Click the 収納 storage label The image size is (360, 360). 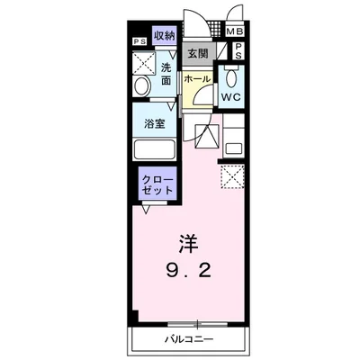(x=163, y=35)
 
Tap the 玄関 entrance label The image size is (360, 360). (x=197, y=53)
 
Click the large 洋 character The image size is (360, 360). (x=186, y=244)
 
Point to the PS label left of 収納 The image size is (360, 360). (x=139, y=41)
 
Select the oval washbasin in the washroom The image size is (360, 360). (x=142, y=87)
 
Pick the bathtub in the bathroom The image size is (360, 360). (x=157, y=149)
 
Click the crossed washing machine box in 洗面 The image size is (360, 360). (x=143, y=62)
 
